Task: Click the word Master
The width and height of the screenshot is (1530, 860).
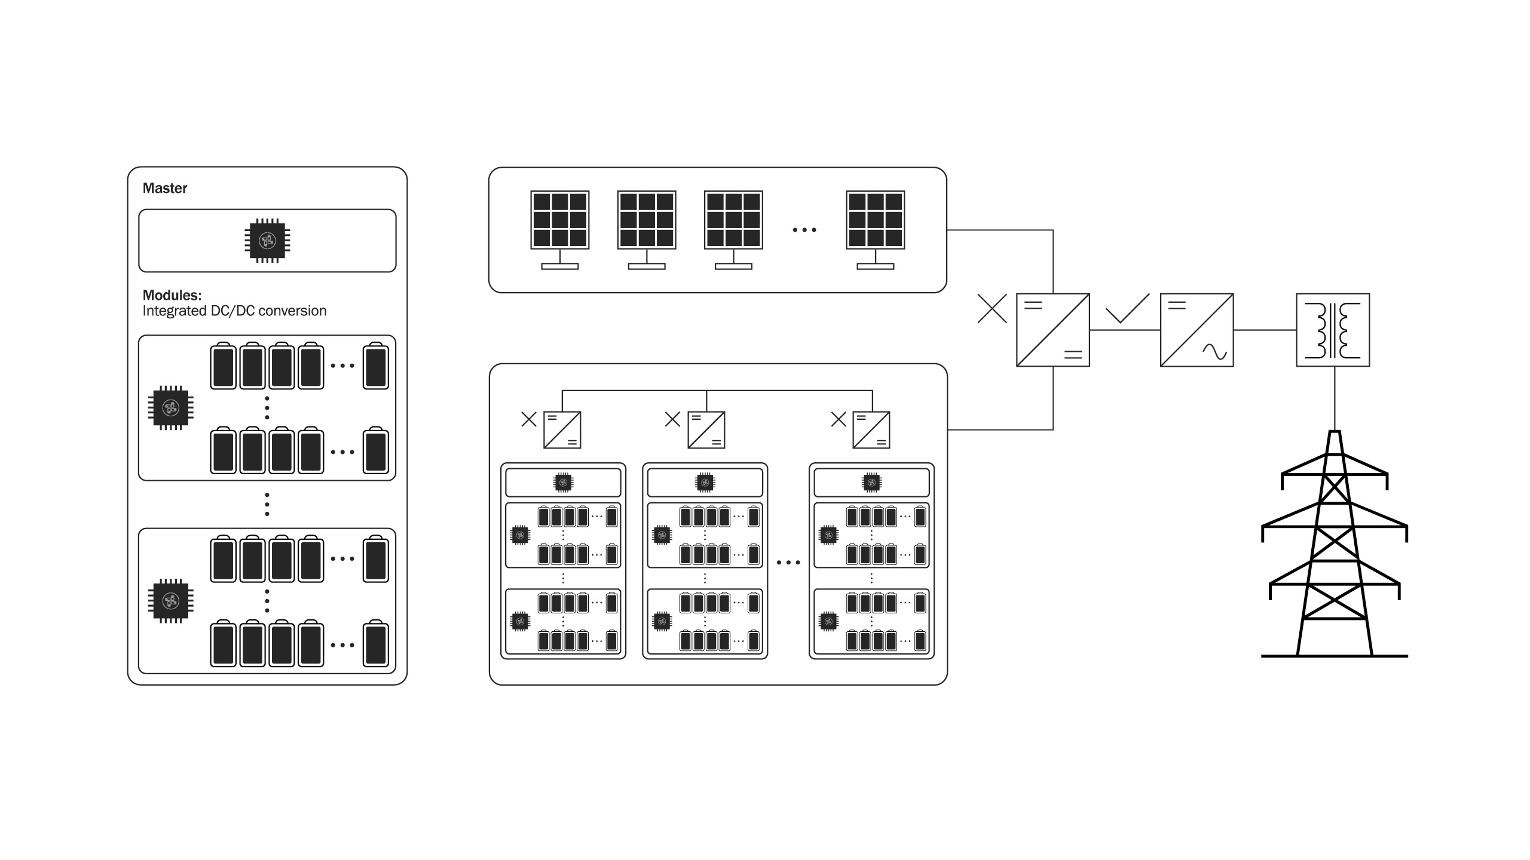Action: click(165, 188)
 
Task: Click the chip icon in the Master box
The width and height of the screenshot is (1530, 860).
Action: click(267, 241)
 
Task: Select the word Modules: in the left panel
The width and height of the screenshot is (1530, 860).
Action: click(172, 295)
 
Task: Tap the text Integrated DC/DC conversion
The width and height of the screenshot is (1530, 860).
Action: click(234, 311)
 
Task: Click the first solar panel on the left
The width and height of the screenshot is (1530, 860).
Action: click(560, 220)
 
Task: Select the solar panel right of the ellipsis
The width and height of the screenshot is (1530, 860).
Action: click(876, 220)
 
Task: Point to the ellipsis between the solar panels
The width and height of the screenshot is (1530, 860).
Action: click(804, 230)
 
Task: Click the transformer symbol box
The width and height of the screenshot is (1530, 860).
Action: click(1333, 330)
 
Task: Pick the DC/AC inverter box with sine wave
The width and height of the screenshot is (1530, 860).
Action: click(1197, 330)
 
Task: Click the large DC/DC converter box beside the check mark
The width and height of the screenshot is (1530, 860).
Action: click(1053, 330)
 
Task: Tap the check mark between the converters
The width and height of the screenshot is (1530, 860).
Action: click(1127, 309)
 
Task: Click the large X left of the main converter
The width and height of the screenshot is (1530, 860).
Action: click(992, 309)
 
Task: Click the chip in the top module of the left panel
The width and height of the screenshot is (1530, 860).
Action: click(171, 408)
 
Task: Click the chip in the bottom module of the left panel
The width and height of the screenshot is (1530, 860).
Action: click(171, 601)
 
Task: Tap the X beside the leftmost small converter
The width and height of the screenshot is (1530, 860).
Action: click(529, 419)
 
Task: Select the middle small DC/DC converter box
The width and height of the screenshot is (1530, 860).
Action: click(706, 429)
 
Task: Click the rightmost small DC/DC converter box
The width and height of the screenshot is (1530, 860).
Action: click(871, 429)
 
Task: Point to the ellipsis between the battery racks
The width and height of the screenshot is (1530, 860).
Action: click(788, 563)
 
